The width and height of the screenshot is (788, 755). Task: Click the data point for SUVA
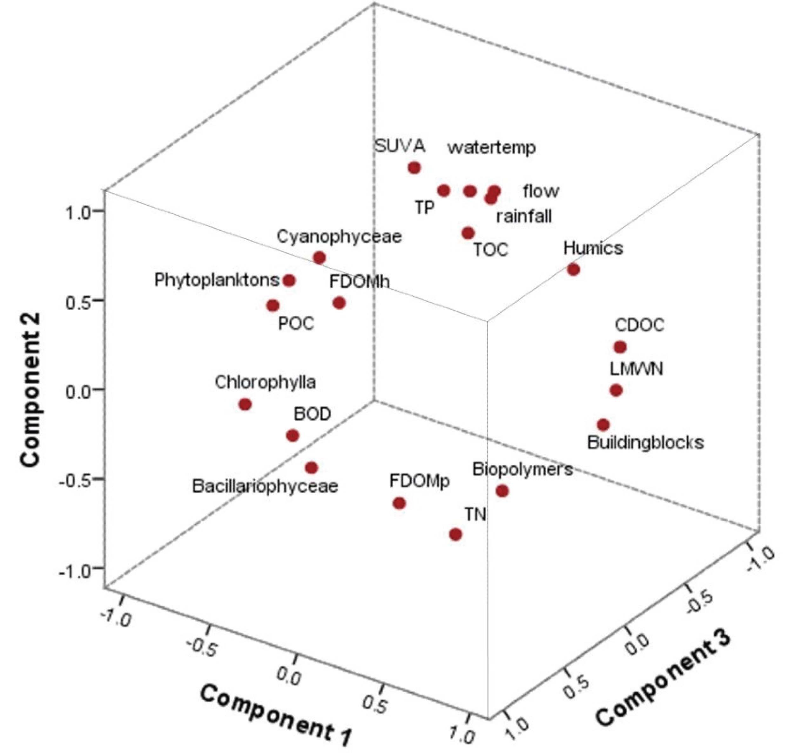[414, 168]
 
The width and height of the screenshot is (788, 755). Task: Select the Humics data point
[573, 270]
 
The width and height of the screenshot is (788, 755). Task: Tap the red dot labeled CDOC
[620, 347]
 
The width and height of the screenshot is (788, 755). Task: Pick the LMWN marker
[616, 390]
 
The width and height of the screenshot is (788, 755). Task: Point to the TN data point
[455, 534]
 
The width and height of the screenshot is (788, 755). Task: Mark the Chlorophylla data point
[245, 404]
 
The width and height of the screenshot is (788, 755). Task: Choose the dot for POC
[273, 306]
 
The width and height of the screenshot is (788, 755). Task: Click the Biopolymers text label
[522, 470]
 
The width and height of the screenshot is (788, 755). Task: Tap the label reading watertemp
[492, 148]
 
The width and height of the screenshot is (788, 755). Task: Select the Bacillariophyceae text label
[265, 486]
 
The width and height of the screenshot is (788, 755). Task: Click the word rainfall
[524, 216]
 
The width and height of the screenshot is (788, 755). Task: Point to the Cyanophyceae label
[339, 237]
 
